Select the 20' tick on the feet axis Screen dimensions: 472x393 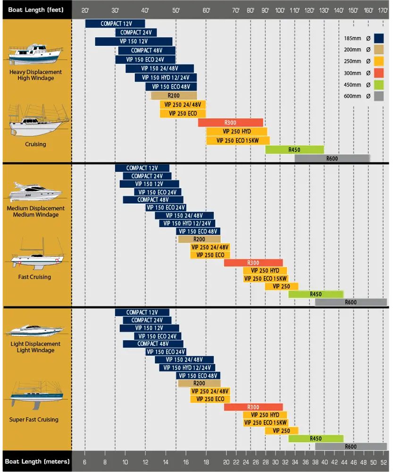85,10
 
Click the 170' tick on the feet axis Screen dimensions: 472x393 383,10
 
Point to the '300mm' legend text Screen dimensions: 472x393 353,73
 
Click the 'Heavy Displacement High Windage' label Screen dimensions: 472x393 35,75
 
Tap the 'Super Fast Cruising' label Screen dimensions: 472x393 34,420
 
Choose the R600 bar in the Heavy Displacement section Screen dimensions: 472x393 332,159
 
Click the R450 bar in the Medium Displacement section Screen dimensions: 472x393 316,294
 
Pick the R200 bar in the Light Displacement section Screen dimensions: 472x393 199,383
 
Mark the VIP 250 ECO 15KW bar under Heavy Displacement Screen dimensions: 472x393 238,141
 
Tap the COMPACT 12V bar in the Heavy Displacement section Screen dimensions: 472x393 115,24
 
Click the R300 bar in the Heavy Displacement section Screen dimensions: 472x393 230,123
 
